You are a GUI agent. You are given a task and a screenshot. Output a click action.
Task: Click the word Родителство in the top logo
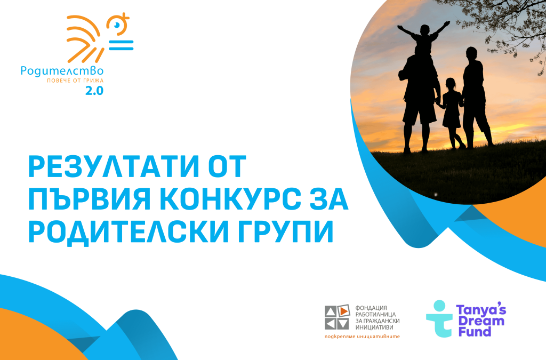pos(61,70)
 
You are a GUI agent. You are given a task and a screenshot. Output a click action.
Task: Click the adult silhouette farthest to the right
pos(475,96)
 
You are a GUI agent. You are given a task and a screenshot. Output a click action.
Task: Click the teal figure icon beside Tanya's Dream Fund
pos(438,319)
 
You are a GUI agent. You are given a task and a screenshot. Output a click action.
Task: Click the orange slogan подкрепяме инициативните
pos(362,337)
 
